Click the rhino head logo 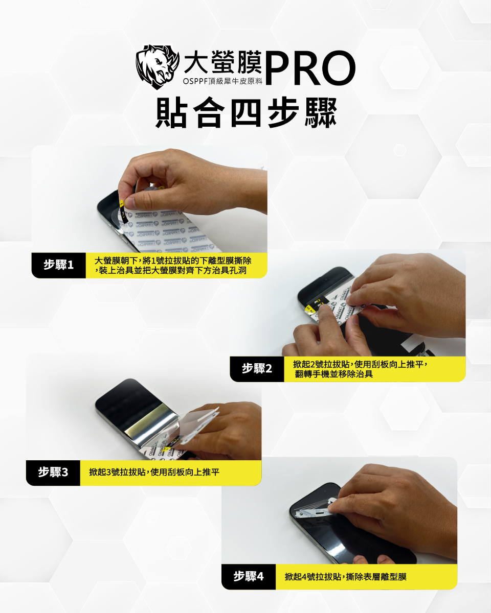pyautogui.click(x=157, y=66)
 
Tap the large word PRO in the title pyautogui.click(x=310, y=68)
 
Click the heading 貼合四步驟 pyautogui.click(x=247, y=112)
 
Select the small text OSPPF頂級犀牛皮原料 pyautogui.click(x=222, y=81)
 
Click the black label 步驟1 pyautogui.click(x=58, y=265)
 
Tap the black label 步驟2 pyautogui.click(x=257, y=369)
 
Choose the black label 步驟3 pyautogui.click(x=53, y=473)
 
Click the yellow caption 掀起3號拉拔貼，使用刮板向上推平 pyautogui.click(x=154, y=473)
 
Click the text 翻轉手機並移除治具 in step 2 pyautogui.click(x=334, y=374)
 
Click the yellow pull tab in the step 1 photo pyautogui.click(x=121, y=204)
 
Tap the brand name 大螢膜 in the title pyautogui.click(x=223, y=63)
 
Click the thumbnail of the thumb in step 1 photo pyautogui.click(x=129, y=202)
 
